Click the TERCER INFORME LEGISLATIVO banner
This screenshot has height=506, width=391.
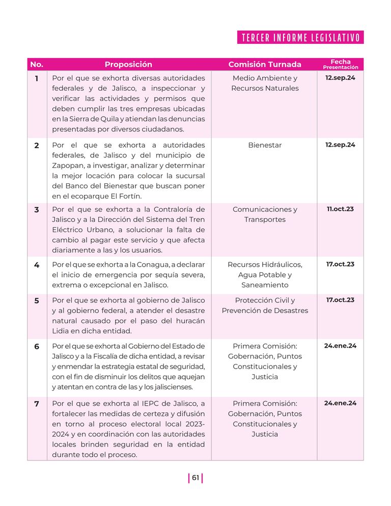pos(300,38)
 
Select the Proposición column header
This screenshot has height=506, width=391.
pos(128,65)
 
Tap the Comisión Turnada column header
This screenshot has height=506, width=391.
pos(264,65)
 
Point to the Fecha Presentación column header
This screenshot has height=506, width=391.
pos(340,65)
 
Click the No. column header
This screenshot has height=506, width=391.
pos(37,65)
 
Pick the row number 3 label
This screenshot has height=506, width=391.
pos(37,210)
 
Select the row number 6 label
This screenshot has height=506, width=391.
pos(37,347)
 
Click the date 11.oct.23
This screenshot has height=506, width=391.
pos(340,209)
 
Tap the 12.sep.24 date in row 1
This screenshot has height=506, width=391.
pos(340,78)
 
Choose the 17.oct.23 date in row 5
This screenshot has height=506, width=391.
pos(340,300)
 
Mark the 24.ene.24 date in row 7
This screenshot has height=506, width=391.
pos(340,403)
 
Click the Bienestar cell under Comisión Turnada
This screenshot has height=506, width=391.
pos(265,145)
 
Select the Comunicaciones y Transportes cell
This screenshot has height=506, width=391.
pos(265,214)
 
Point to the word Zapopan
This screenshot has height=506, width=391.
pos(69,165)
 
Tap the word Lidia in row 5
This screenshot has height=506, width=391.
pos(62,331)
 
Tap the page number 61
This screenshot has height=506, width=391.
pos(195,477)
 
